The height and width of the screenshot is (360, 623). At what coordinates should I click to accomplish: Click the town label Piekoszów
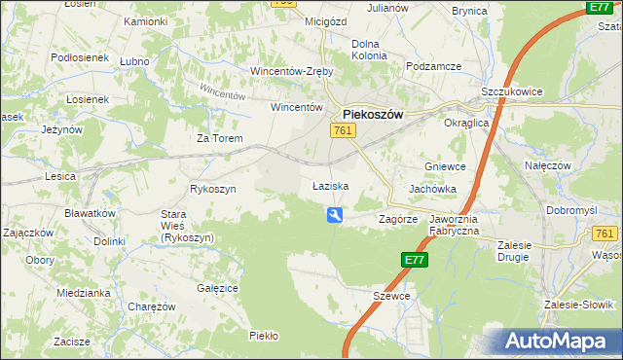pyautogui.click(x=373, y=114)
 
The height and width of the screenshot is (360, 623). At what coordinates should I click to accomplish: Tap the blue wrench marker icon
pyautogui.click(x=335, y=216)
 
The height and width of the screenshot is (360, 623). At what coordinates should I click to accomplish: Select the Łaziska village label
pyautogui.click(x=330, y=185)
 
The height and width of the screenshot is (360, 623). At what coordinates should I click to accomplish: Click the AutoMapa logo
pyautogui.click(x=559, y=342)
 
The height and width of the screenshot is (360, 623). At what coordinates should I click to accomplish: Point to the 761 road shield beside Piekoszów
pyautogui.click(x=342, y=130)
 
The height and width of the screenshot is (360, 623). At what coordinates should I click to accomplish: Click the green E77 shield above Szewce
pyautogui.click(x=414, y=260)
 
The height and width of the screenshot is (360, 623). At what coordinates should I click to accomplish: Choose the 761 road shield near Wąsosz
pyautogui.click(x=605, y=234)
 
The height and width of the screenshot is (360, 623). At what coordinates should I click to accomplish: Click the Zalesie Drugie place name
pyautogui.click(x=512, y=251)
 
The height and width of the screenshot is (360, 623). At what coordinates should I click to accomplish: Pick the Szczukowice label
pyautogui.click(x=512, y=91)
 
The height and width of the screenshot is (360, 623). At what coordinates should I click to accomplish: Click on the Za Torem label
pyautogui.click(x=219, y=139)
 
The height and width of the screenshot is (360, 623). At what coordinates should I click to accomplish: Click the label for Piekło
pyautogui.click(x=264, y=336)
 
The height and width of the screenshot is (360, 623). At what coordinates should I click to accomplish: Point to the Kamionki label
pyautogui.click(x=146, y=21)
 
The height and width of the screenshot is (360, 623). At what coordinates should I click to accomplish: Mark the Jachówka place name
pyautogui.click(x=433, y=188)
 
